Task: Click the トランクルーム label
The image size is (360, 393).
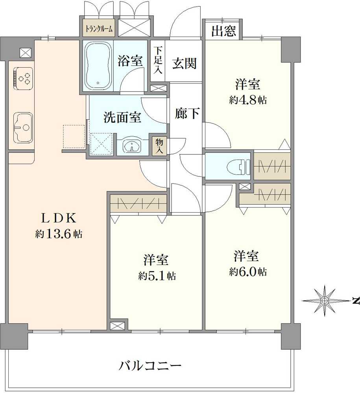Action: point(100,29)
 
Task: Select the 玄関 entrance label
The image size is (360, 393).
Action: point(184,62)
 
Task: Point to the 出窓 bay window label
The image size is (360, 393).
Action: point(223,31)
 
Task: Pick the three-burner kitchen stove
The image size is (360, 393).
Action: point(23,77)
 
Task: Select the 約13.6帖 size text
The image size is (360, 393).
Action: point(59,235)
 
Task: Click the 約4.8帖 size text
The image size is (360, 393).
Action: point(248,100)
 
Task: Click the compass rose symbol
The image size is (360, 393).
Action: point(324,301)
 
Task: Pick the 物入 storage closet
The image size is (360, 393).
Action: point(160,146)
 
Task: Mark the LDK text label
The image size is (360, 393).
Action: point(58,218)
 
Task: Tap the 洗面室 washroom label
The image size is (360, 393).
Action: point(122,117)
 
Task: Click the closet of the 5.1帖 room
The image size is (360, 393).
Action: point(138,204)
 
